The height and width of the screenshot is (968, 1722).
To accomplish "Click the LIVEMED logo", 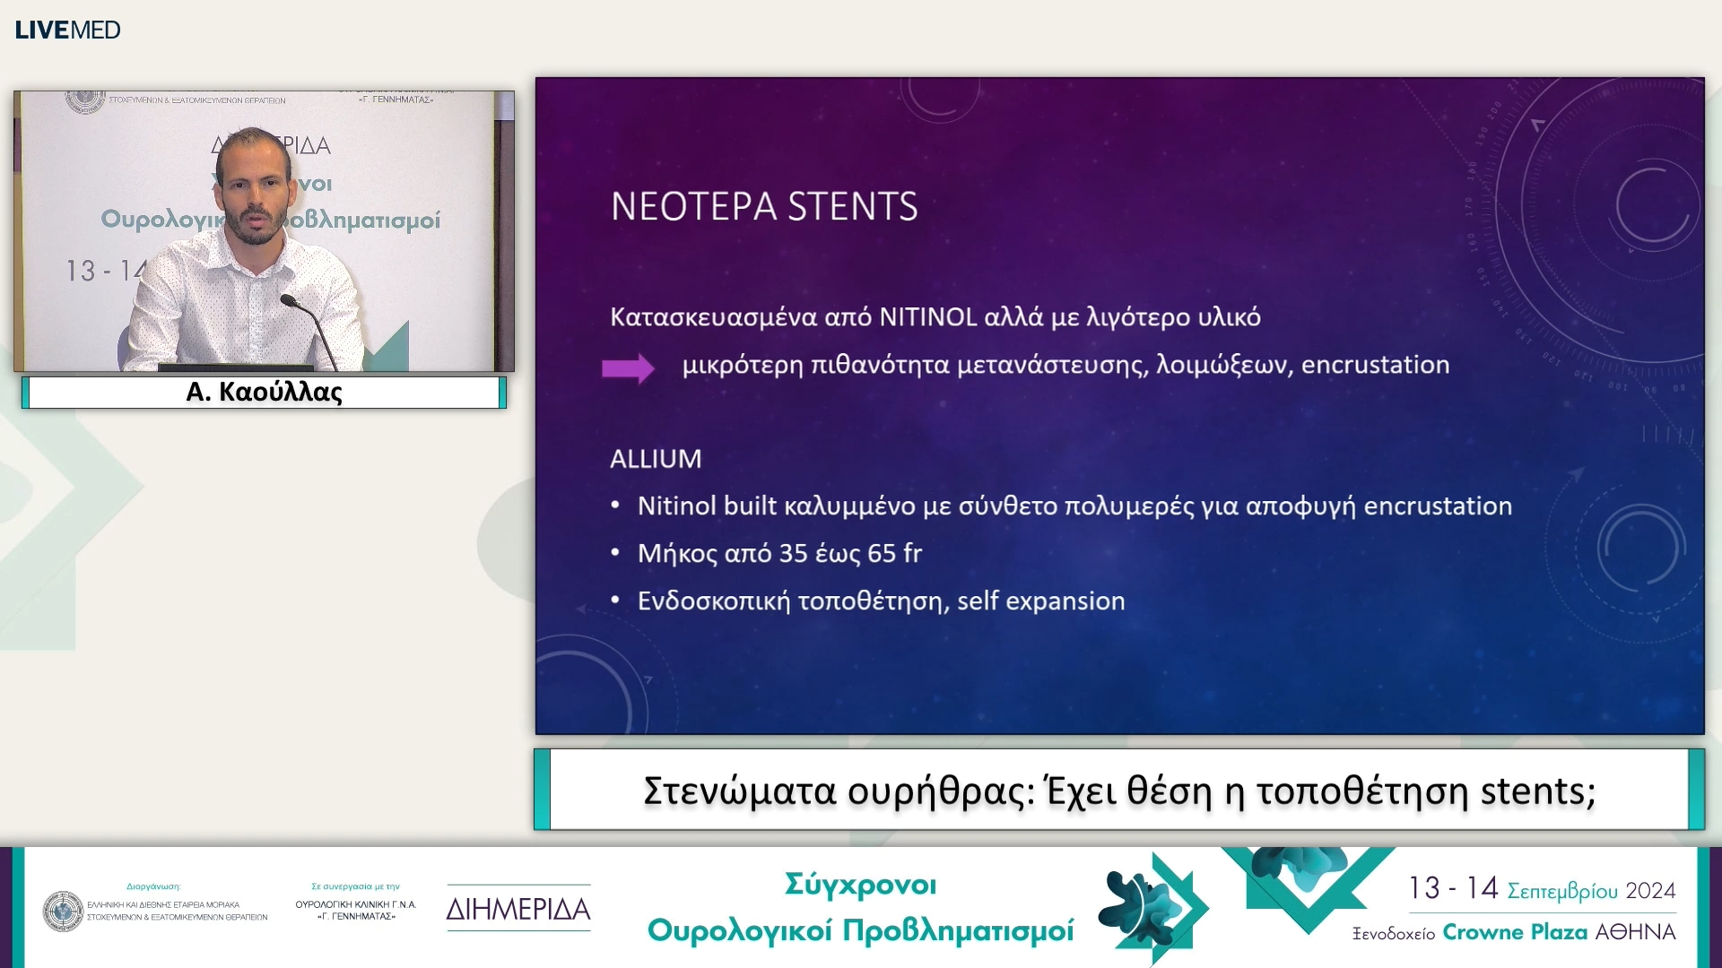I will point(67,30).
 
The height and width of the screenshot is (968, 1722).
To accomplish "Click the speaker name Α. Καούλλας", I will point(264,393).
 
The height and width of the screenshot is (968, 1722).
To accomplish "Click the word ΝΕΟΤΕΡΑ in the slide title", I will point(693,207).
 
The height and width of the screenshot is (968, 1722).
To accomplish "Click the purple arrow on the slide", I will point(628,367).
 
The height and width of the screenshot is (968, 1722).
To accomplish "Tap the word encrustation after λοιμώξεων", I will point(1375,365).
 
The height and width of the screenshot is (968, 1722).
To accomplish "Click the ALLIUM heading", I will point(656,459).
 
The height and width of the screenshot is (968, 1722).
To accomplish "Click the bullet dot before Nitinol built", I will point(615,506).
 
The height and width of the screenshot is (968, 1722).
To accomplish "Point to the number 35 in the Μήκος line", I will point(793,554).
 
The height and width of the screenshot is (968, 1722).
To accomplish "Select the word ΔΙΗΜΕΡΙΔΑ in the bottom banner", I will point(518,909).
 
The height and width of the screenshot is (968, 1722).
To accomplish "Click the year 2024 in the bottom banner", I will point(1650,891).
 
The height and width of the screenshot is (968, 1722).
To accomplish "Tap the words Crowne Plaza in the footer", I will point(1514,932).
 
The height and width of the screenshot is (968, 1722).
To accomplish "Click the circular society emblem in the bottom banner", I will point(63,911).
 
